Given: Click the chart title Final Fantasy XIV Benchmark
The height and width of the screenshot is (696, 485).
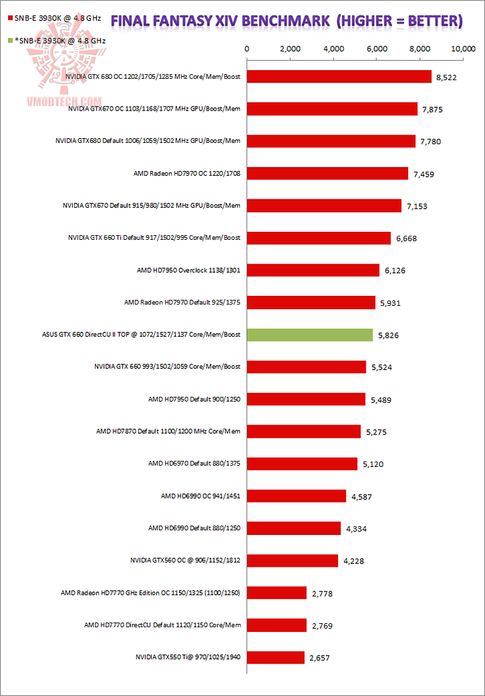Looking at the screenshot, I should point(286,22).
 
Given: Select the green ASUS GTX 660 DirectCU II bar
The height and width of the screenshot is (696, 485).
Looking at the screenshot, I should point(311,335).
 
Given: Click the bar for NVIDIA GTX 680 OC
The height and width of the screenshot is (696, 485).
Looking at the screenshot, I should point(339,77).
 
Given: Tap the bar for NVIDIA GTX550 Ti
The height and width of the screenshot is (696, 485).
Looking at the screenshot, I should point(276,657).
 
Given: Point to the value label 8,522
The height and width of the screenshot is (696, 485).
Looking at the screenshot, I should point(447,77).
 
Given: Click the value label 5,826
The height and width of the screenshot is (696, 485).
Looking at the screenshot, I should point(389,336).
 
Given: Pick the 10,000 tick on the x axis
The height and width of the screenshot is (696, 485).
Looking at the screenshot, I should point(463,49).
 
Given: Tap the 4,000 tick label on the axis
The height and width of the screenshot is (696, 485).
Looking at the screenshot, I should point(334,49).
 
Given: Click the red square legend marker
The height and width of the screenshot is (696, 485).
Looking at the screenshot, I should point(9,28).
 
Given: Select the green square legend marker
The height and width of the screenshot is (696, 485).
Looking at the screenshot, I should point(9,40).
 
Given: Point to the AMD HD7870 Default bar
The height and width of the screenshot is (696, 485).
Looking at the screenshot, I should point(304,431).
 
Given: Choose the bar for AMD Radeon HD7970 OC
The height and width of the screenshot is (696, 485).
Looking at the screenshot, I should point(328,174).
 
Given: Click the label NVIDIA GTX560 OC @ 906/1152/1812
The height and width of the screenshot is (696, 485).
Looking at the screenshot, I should point(185,561).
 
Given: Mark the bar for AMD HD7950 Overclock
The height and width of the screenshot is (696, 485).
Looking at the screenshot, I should point(314,270).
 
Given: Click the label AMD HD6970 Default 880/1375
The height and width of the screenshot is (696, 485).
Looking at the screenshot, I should point(195,464).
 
